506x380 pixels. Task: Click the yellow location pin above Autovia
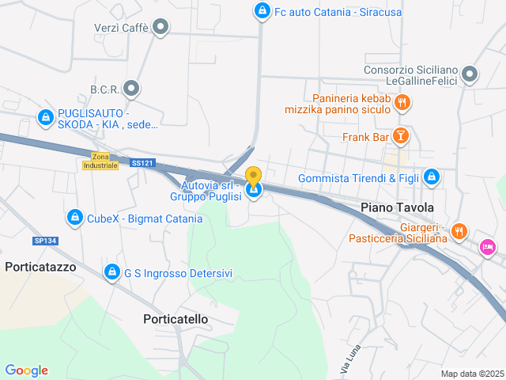click(x=253, y=176)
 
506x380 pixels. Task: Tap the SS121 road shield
click(x=143, y=163)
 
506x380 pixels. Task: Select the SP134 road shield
click(x=46, y=241)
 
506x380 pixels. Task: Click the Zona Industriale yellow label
click(x=100, y=161)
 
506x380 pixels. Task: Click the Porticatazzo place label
click(x=40, y=267)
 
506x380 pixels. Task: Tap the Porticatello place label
click(x=176, y=319)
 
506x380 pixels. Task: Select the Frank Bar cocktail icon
click(x=401, y=137)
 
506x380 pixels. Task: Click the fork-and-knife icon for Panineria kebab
click(x=402, y=102)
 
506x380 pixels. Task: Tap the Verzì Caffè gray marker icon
click(x=161, y=28)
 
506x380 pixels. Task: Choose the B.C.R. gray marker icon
click(x=132, y=89)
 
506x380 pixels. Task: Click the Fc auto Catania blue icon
click(x=262, y=12)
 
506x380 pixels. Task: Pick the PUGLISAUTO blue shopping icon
click(x=46, y=118)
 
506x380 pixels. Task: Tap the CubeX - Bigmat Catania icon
click(x=74, y=217)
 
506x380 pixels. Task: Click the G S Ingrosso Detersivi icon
click(x=112, y=273)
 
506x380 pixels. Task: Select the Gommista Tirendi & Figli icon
click(x=431, y=177)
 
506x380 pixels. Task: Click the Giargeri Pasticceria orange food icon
click(x=460, y=232)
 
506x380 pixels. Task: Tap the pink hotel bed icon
click(x=488, y=248)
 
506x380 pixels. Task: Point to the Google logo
click(x=27, y=370)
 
